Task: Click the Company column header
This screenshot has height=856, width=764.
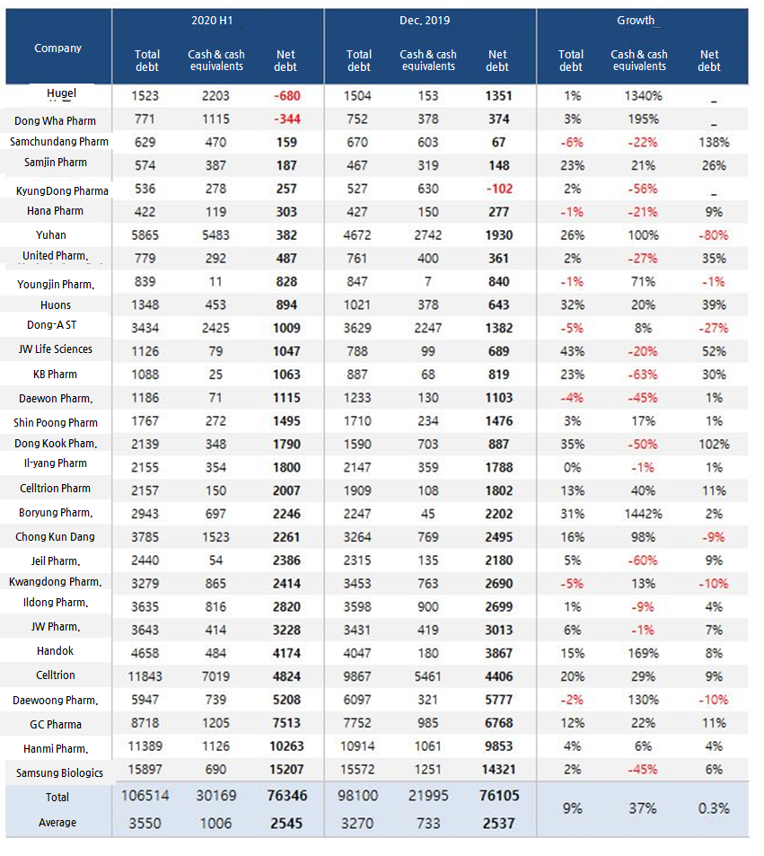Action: (x=57, y=49)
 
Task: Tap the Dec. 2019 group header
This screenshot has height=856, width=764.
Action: (x=428, y=20)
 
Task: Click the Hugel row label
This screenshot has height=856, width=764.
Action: (x=61, y=93)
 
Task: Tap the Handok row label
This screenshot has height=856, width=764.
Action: (x=56, y=650)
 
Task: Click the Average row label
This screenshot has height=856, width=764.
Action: (x=57, y=823)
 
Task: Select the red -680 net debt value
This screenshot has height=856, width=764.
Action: (x=286, y=96)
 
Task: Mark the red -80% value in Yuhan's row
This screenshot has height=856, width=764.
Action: (x=709, y=235)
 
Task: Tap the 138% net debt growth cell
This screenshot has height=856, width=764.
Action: (x=709, y=142)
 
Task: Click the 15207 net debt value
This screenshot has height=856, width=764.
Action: (x=286, y=771)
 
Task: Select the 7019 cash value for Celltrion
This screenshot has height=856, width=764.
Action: (x=216, y=675)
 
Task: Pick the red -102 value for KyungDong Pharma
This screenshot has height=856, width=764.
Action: (x=497, y=190)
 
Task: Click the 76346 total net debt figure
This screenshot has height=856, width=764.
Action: (x=286, y=796)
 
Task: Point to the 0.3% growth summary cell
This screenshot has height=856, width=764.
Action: (x=709, y=808)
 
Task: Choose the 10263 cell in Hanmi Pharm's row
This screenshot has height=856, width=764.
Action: (x=286, y=747)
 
